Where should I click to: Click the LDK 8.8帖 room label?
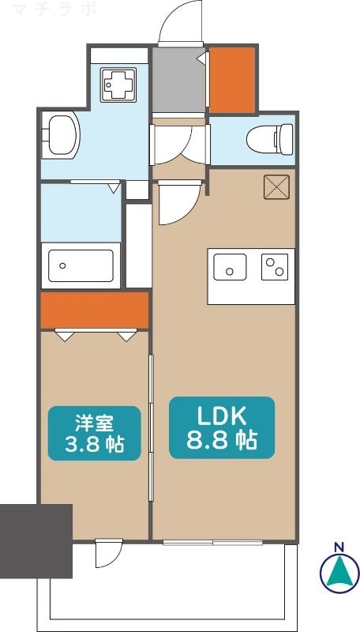tap(222, 427)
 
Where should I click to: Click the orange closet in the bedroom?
tap(95, 310)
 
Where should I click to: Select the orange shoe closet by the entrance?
tap(232, 79)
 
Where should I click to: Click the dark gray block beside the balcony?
tap(36, 531)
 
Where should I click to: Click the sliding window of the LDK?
tap(213, 543)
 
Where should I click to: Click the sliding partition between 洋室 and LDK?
tap(151, 419)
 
